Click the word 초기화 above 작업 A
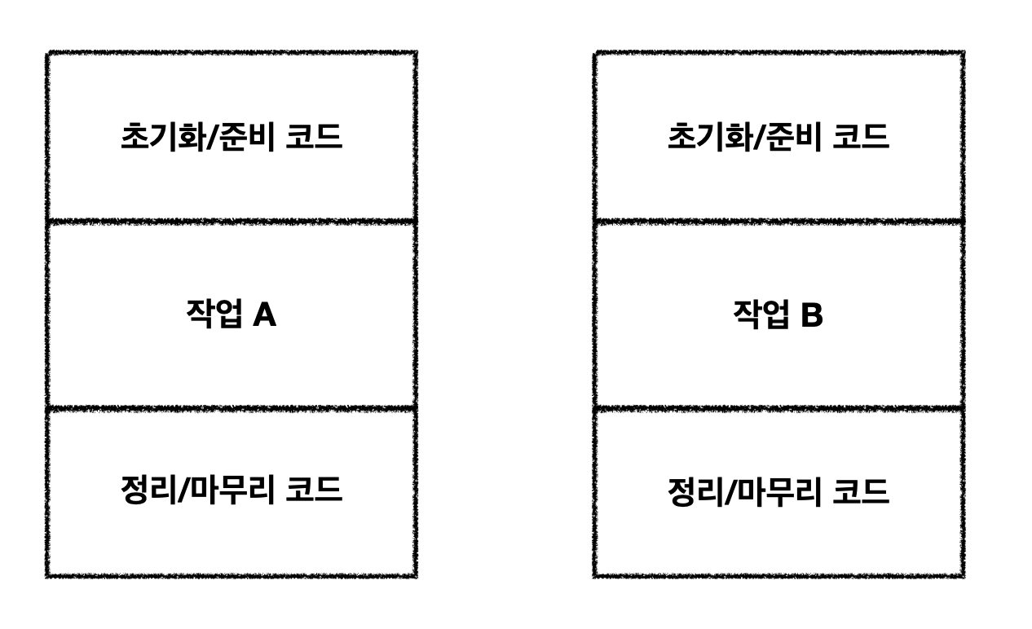tap(152, 137)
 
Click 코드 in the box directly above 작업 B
tap(861, 137)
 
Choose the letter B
tap(811, 314)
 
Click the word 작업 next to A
tap(214, 314)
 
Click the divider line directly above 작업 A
tap(232, 220)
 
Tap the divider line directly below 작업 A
tap(232, 407)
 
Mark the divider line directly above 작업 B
tap(778, 220)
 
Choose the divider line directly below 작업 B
tap(778, 407)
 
